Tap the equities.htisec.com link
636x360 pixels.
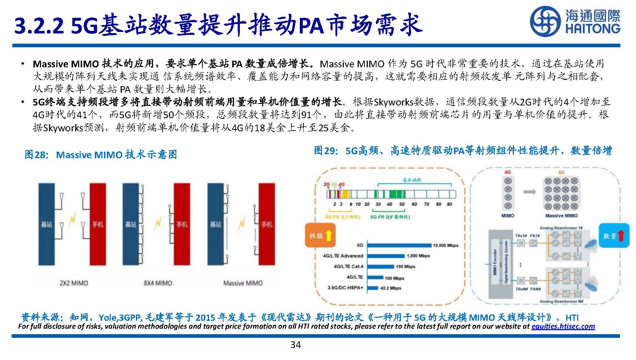pyautogui.click(x=563, y=326)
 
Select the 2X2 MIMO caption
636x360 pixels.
pyautogui.click(x=74, y=283)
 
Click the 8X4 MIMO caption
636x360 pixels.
pyautogui.click(x=158, y=283)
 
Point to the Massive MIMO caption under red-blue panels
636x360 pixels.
pyautogui.click(x=242, y=283)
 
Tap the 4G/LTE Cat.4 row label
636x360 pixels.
pyautogui.click(x=348, y=266)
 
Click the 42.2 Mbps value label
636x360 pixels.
pyautogui.click(x=390, y=288)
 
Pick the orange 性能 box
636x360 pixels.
pyautogui.click(x=320, y=236)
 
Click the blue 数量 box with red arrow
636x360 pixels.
pyautogui.click(x=614, y=236)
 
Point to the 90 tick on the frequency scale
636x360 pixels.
pyautogui.click(x=449, y=204)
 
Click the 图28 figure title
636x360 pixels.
pyautogui.click(x=101, y=155)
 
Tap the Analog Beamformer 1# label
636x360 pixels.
pyautogui.click(x=561, y=228)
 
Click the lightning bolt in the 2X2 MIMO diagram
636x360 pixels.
pyautogui.click(x=73, y=220)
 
